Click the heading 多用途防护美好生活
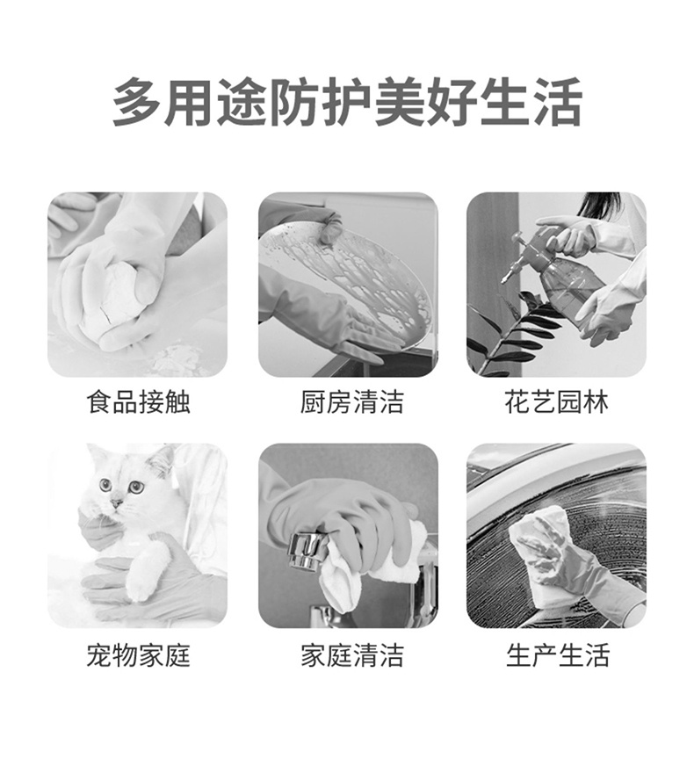point(347,102)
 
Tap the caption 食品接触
point(138,403)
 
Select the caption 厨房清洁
point(348,403)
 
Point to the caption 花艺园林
point(556,403)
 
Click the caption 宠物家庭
point(138,655)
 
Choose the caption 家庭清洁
point(348,655)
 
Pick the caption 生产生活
point(556,655)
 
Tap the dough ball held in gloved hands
point(114,299)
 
